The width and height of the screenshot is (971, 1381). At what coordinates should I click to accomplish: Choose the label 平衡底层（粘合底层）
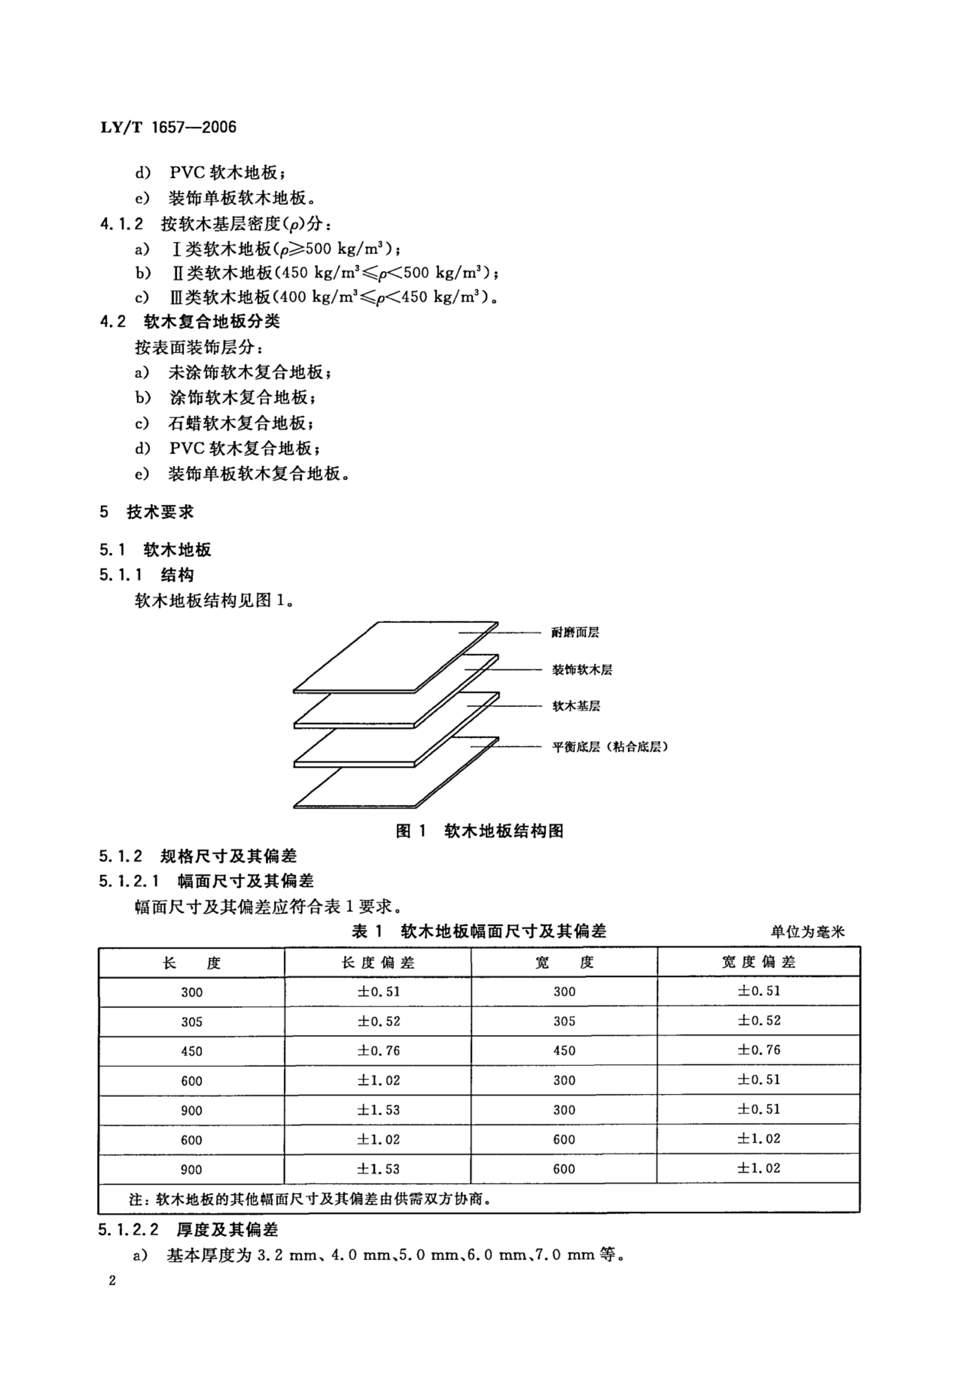coord(610,747)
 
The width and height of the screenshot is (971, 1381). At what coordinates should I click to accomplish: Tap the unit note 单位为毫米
coord(807,932)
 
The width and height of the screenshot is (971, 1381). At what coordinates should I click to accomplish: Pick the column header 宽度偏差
coord(759,962)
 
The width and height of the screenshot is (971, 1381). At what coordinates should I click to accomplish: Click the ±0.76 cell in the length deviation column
coord(378,1051)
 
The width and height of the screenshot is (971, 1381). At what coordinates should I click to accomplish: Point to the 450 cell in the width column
coord(564,1051)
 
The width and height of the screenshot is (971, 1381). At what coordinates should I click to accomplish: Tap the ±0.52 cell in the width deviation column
coord(759,1021)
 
